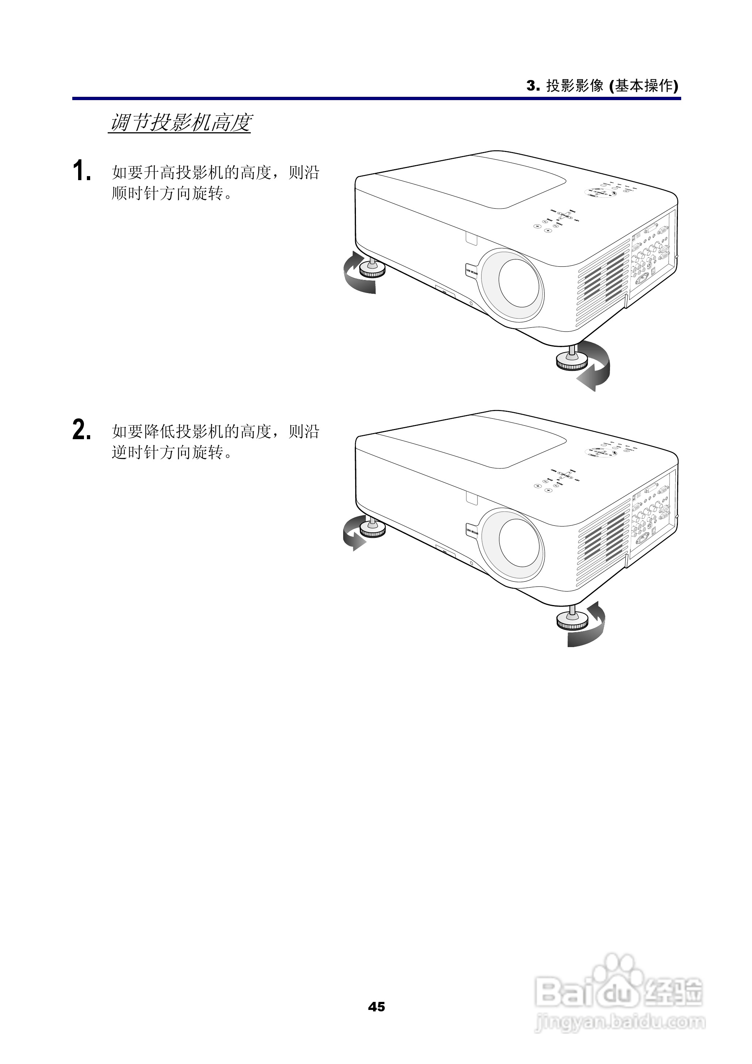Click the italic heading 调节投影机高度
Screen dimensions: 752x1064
[x=180, y=123]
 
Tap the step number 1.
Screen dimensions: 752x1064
[x=81, y=171]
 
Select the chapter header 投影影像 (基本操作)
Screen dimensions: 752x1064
[x=611, y=86]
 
